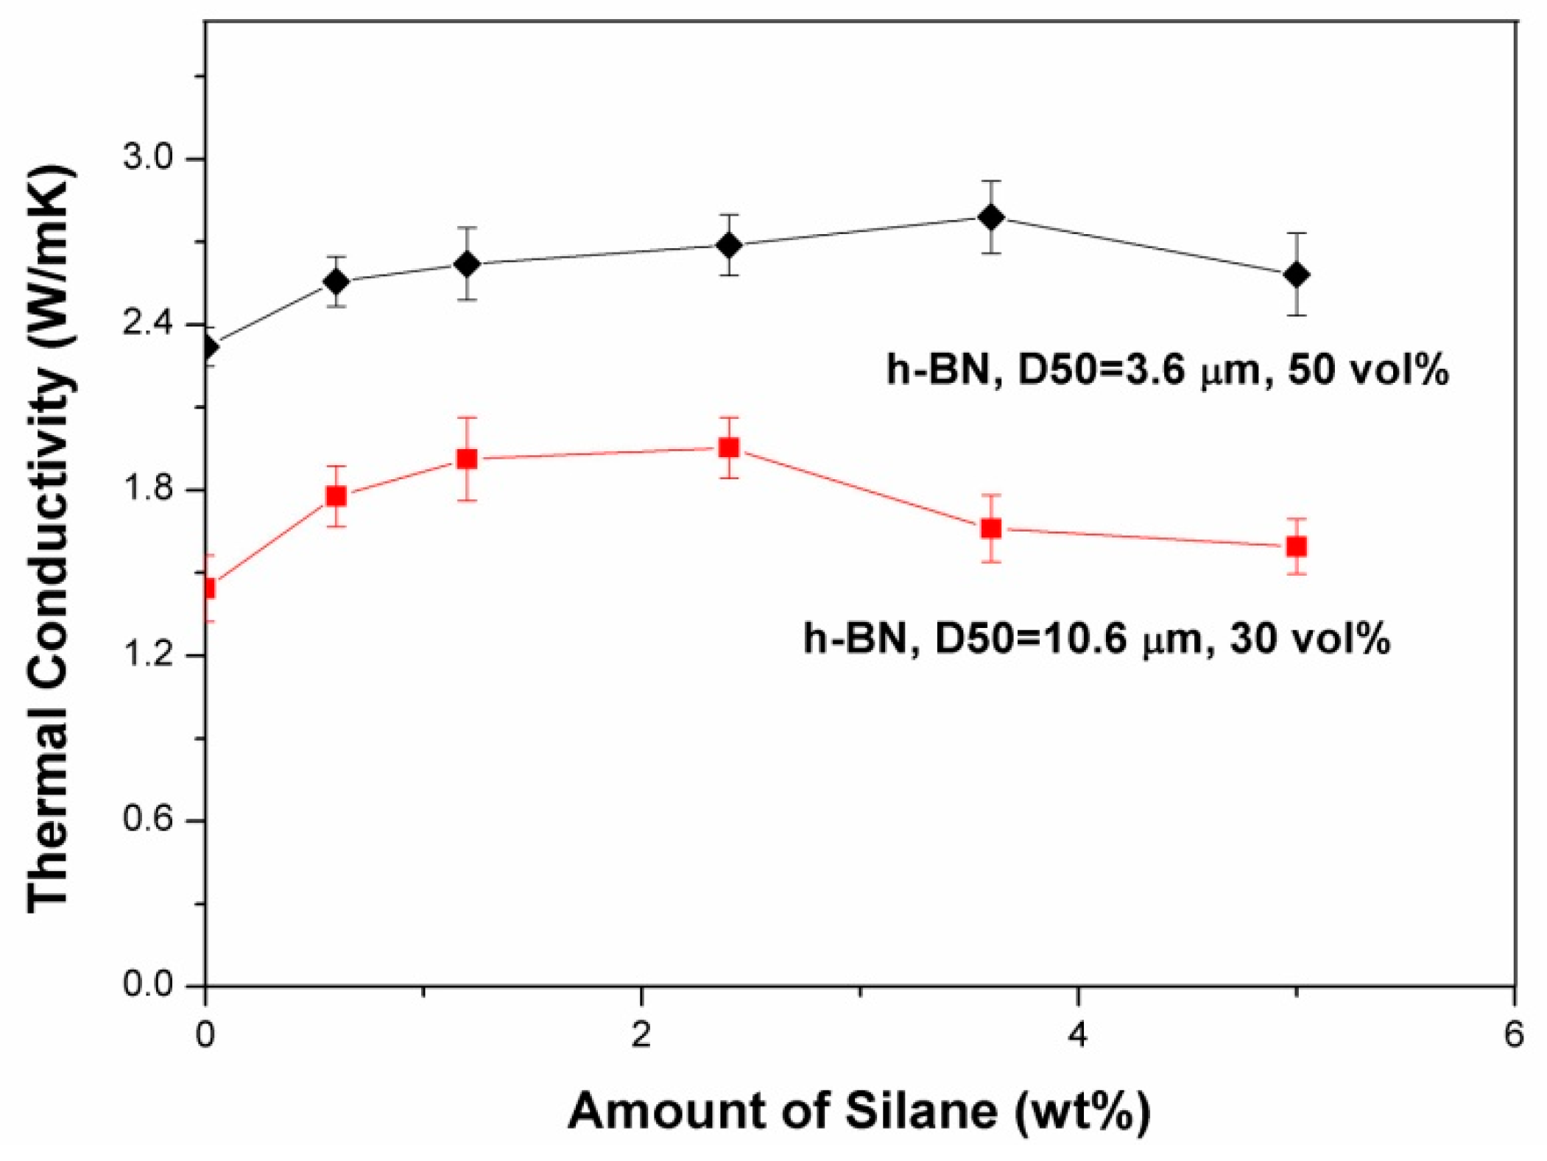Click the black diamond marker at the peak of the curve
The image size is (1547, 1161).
[x=991, y=217]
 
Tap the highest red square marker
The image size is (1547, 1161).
[x=729, y=448]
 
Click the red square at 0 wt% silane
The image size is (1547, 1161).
[x=208, y=587]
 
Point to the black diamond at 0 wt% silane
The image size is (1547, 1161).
[x=208, y=346]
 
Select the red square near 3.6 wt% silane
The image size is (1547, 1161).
[x=991, y=529]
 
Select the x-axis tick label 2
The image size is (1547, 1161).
[x=641, y=1034]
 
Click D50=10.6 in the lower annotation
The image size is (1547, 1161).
[x=1031, y=638]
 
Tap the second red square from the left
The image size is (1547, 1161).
[x=336, y=496]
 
